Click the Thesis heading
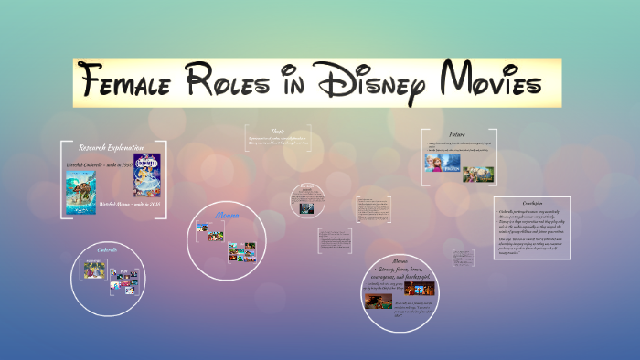(278, 131)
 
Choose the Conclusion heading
(532, 203)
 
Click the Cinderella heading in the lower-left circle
(108, 249)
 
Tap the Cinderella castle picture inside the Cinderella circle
(93, 269)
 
